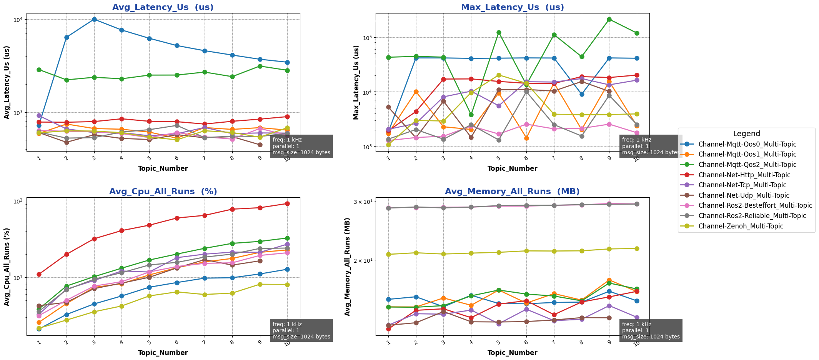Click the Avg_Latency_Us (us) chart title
(x=163, y=7)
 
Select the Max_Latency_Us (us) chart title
(x=512, y=7)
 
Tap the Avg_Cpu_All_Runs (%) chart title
(x=163, y=192)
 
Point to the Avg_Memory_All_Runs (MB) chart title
(x=512, y=192)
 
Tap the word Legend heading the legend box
(x=746, y=134)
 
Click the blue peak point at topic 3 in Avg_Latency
(x=94, y=19)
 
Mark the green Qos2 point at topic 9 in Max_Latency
(x=609, y=19)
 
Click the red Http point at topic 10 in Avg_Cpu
(x=287, y=203)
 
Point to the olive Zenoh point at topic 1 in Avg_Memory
(x=388, y=254)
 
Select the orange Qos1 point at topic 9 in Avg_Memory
(x=609, y=280)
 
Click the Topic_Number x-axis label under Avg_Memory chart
(x=512, y=353)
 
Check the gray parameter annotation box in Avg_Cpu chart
(x=301, y=330)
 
